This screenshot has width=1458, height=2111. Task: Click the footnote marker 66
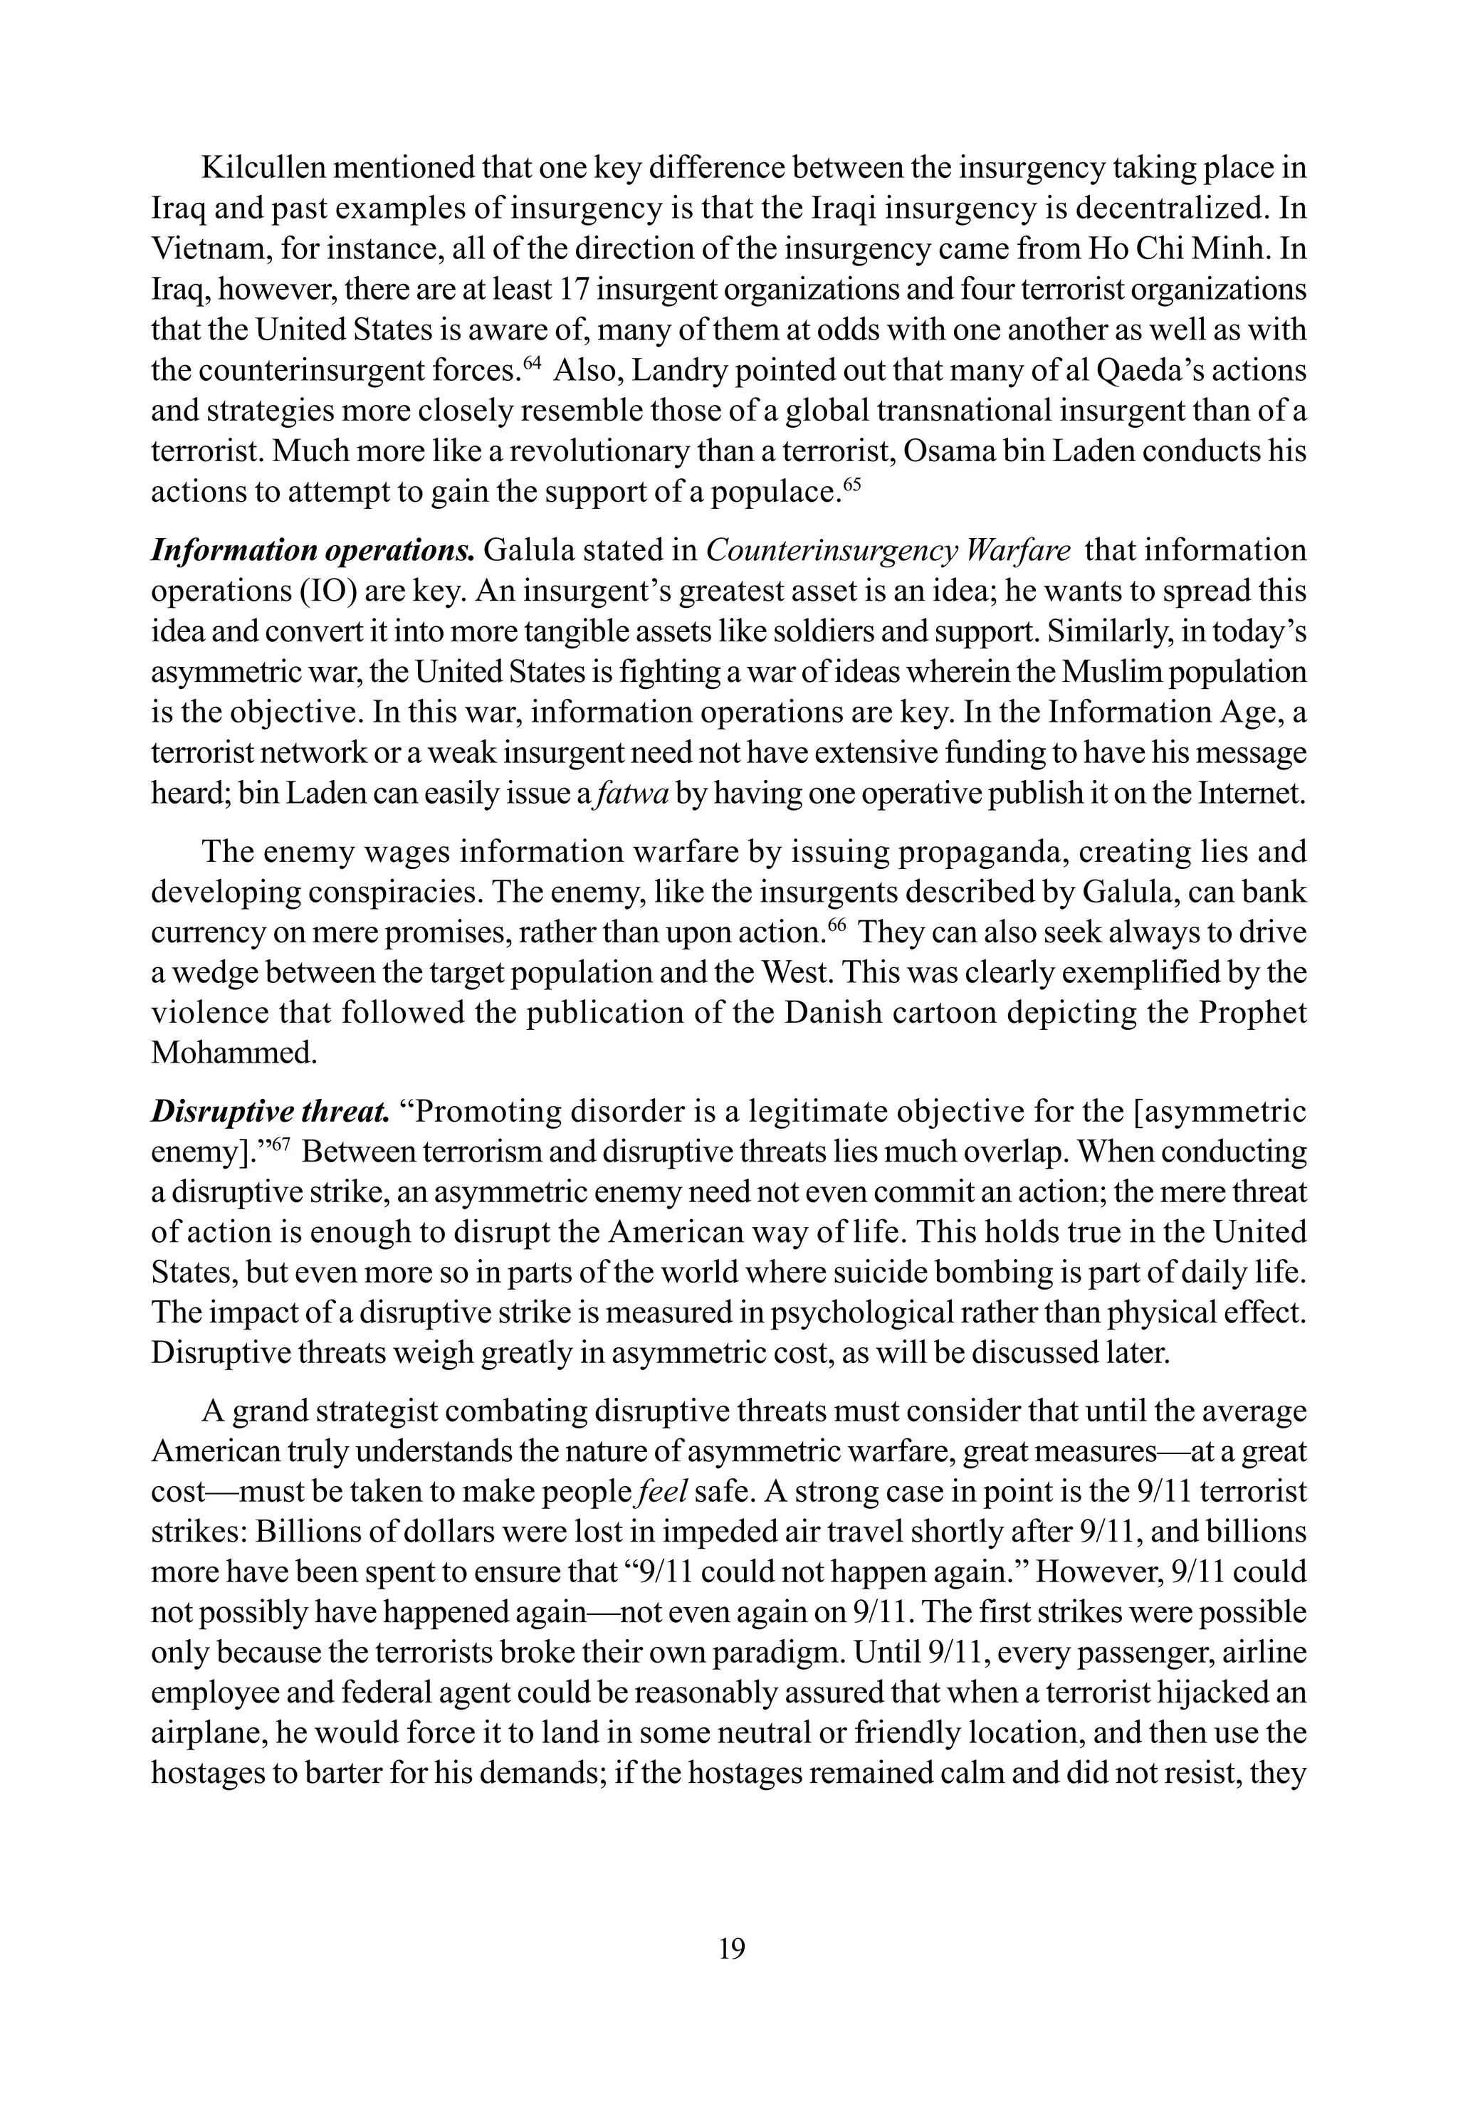[836, 925]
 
